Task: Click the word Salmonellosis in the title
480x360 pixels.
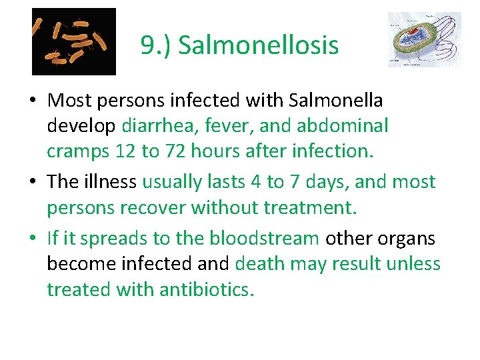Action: [259, 46]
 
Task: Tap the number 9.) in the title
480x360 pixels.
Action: [156, 46]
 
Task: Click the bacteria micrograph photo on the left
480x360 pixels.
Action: [74, 41]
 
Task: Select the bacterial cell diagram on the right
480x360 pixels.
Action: [425, 39]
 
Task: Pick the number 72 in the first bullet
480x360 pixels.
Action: [169, 151]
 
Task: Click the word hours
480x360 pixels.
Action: [214, 151]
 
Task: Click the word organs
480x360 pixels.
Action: [412, 238]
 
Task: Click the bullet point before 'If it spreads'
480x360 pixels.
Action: [33, 239]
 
